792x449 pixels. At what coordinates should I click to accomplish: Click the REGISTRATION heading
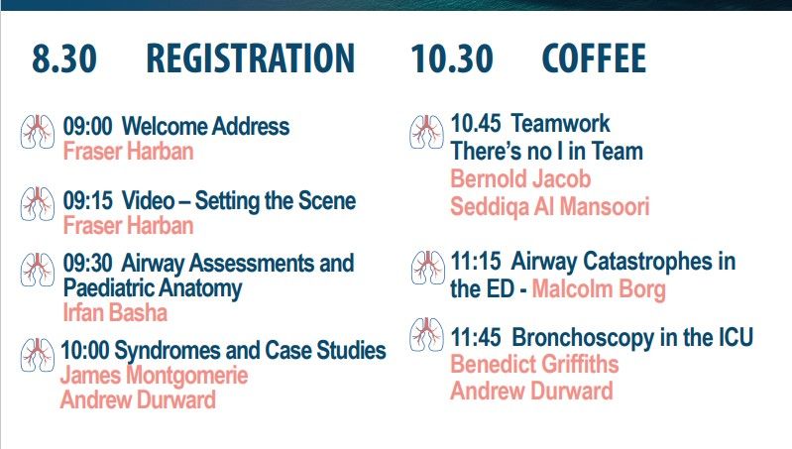click(x=250, y=59)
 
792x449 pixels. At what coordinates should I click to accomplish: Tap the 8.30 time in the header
click(x=64, y=59)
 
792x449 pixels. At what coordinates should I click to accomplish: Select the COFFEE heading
click(x=594, y=59)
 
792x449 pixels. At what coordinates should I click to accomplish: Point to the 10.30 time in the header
click(x=452, y=59)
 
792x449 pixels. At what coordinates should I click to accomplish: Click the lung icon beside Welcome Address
click(x=38, y=132)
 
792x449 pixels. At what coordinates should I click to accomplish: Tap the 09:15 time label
click(x=87, y=201)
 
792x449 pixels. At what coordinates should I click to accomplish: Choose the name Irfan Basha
click(x=115, y=313)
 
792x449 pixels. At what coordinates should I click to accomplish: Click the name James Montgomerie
click(x=154, y=376)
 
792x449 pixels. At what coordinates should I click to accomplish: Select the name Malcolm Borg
click(x=599, y=289)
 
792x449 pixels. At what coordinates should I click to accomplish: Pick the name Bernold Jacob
click(x=520, y=179)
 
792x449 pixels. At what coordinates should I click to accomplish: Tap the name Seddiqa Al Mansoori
click(x=550, y=207)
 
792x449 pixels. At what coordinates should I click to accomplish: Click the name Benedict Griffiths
click(x=534, y=364)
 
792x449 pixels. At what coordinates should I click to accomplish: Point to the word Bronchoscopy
click(x=578, y=338)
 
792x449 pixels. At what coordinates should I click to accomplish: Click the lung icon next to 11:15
click(x=427, y=268)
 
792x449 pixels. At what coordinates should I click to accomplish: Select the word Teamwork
click(x=561, y=124)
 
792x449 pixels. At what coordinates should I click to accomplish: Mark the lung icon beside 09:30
click(x=38, y=270)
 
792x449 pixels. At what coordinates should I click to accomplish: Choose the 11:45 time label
click(x=476, y=338)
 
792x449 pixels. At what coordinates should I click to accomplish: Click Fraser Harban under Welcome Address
click(x=128, y=152)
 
